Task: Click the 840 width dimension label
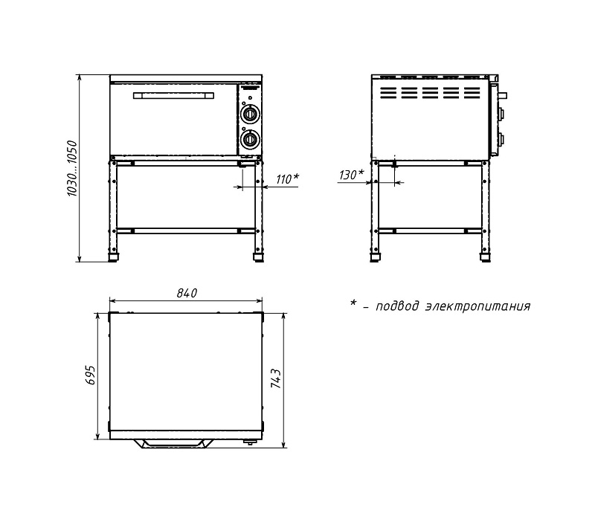[187, 293]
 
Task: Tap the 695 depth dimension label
[91, 375]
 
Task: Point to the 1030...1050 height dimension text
[71, 169]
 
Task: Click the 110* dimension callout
[288, 178]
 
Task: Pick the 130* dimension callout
[351, 175]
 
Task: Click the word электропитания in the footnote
[477, 306]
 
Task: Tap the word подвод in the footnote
[398, 306]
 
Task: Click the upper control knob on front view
[250, 114]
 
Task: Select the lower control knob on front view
[250, 139]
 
